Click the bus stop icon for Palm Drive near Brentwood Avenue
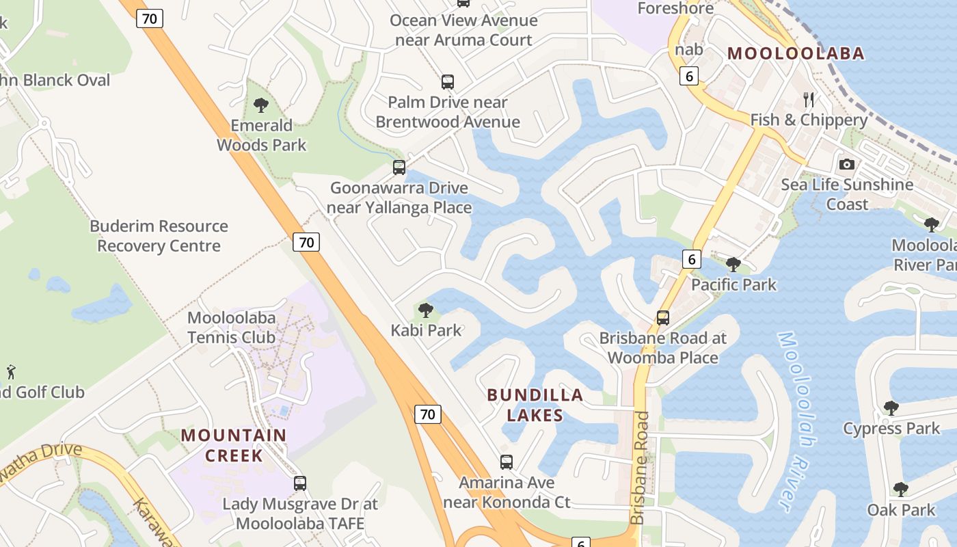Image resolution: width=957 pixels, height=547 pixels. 448,82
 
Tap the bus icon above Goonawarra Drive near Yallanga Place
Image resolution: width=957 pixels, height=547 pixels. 399,167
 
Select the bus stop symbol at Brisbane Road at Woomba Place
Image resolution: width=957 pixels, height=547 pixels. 662,317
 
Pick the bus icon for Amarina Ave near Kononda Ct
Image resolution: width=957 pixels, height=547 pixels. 506,462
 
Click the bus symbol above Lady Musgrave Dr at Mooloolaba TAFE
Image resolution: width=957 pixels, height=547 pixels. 299,483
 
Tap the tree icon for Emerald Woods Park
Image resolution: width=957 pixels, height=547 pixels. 260,105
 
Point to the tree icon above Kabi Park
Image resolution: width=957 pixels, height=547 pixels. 426,310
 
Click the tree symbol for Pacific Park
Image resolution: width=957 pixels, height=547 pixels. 733,264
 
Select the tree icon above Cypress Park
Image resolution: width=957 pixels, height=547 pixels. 891,408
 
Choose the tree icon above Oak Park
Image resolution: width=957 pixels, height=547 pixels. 900,489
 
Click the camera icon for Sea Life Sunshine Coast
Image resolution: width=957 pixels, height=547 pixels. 847,164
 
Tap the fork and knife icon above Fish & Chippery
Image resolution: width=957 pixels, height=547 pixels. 809,100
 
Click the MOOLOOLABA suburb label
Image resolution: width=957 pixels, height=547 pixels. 796,53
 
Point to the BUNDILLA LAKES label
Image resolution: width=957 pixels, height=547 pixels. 535,405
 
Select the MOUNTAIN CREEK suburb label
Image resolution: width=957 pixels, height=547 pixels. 234,445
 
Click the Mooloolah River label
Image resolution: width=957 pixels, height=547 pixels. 794,420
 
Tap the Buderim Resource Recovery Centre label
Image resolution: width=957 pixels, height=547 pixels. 159,236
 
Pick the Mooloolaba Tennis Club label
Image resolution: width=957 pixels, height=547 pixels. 231,328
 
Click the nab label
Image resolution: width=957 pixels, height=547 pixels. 689,49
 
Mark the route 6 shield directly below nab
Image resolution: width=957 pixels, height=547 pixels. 689,77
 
